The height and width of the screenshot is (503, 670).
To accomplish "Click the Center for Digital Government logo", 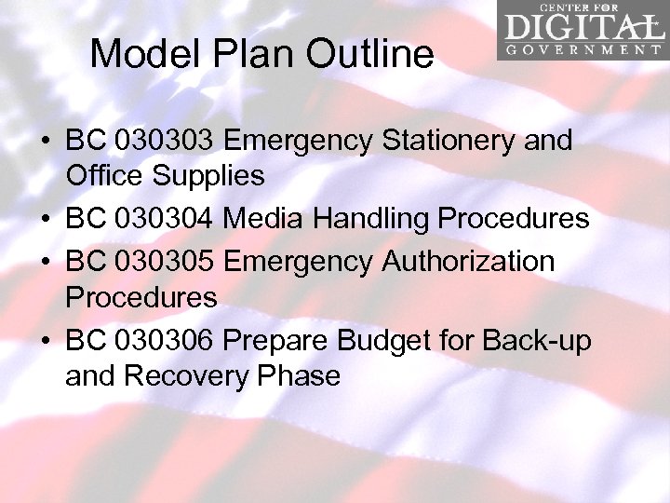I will [x=581, y=31].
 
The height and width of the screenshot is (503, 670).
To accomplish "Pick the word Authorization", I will [x=469, y=262].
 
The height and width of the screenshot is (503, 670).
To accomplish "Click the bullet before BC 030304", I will [x=46, y=220].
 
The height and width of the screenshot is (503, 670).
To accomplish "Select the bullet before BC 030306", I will [x=46, y=342].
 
